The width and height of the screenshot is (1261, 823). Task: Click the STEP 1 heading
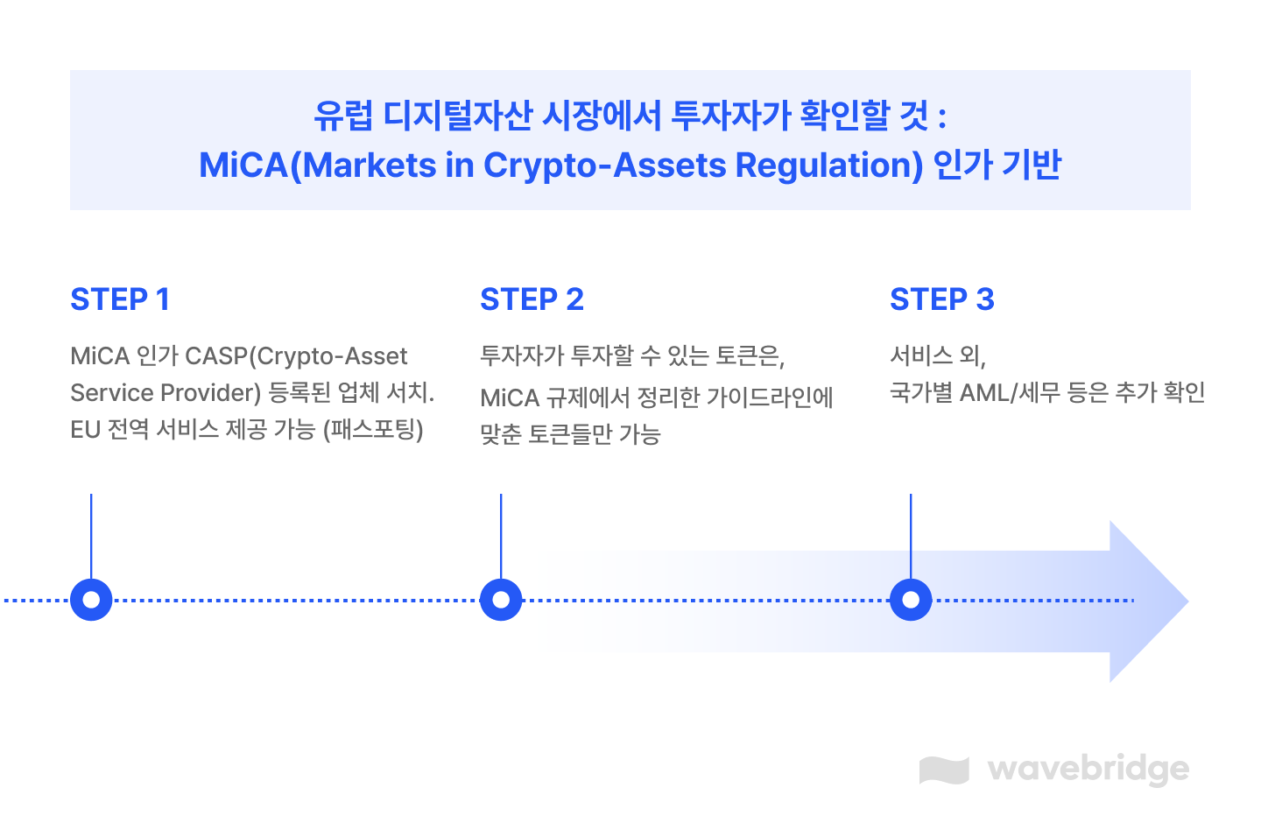(120, 299)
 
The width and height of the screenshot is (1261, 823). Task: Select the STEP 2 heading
(532, 299)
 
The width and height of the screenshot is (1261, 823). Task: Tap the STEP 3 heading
(942, 299)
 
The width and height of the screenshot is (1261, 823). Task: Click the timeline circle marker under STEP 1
(91, 600)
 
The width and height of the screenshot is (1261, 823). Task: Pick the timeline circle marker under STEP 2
(501, 600)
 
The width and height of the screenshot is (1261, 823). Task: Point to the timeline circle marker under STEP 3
(911, 600)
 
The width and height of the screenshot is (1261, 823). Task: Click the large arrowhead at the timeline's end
(1147, 601)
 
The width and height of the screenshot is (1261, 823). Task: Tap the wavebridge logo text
(1088, 769)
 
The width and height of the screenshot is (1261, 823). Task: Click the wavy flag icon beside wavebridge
(944, 770)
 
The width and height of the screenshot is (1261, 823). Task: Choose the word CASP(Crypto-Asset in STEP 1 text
(297, 356)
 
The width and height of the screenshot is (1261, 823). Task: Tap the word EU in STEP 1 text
(85, 430)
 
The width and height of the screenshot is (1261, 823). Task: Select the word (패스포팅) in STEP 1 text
(373, 430)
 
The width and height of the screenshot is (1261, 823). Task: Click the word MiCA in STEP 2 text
(510, 398)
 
